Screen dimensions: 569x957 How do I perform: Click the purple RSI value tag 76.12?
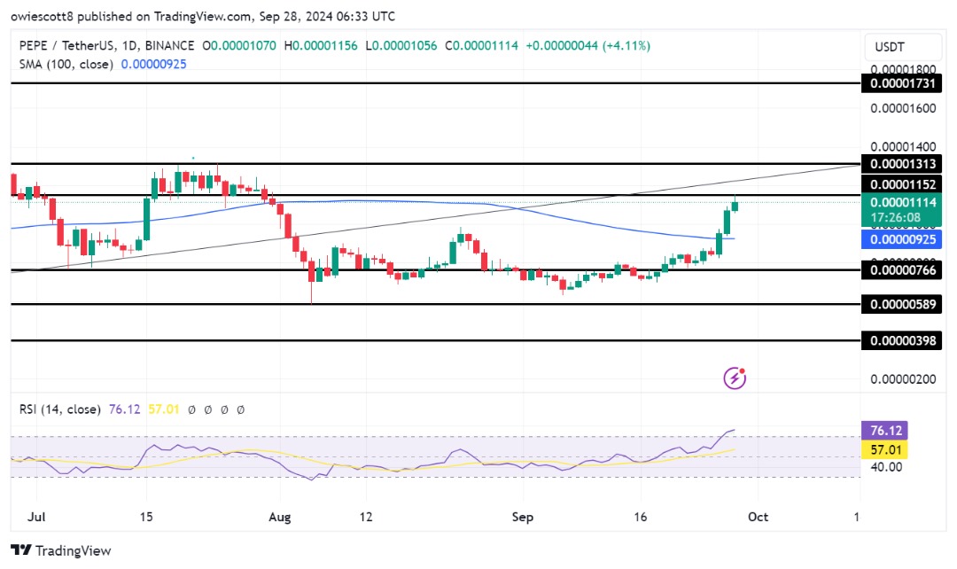883,431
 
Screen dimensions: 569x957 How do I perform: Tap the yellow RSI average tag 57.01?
883,449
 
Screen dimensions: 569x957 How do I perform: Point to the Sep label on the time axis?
523,517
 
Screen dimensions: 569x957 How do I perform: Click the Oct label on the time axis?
759,517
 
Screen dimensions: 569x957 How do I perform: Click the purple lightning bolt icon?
735,378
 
